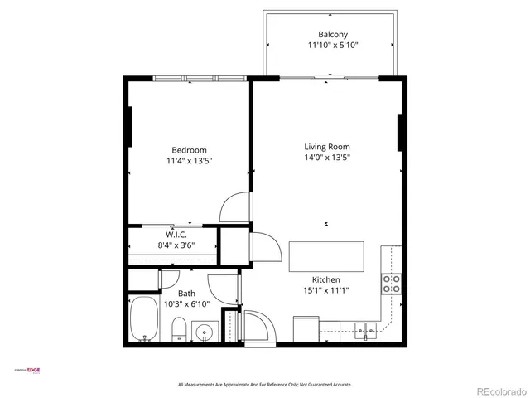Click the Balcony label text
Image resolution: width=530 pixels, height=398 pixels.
(x=328, y=34)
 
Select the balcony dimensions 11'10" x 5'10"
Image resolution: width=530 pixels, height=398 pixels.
(x=328, y=45)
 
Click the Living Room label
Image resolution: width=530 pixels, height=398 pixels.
(x=327, y=146)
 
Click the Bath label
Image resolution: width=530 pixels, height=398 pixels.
(x=186, y=294)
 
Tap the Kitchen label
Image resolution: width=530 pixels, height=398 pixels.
(x=325, y=279)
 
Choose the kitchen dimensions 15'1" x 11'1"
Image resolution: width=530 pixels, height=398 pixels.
(x=325, y=290)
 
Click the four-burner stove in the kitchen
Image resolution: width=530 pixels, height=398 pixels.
(x=391, y=284)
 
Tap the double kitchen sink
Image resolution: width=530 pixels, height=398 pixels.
(x=365, y=332)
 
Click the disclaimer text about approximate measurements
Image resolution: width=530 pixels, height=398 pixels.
(x=265, y=385)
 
